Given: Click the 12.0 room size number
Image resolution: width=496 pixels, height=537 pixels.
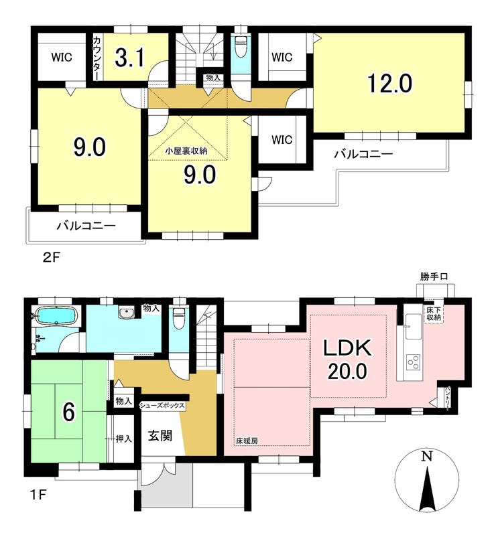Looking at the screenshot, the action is click(x=389, y=84).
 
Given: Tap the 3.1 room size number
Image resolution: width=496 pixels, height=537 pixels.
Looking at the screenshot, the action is click(x=130, y=58).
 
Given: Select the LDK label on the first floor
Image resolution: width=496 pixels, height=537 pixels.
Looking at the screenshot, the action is click(x=348, y=348).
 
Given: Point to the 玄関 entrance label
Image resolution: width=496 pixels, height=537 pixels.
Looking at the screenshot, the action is click(x=160, y=436).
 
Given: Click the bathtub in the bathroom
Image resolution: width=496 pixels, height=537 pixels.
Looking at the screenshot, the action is click(x=56, y=315).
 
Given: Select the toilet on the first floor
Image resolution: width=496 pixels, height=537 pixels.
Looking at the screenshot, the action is click(x=178, y=319).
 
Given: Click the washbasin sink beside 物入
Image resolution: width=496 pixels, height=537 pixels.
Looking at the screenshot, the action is click(x=127, y=313).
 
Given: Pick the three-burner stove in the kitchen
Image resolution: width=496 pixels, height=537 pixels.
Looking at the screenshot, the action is click(x=413, y=362).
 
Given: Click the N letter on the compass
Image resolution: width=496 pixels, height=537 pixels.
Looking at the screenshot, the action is click(x=426, y=457).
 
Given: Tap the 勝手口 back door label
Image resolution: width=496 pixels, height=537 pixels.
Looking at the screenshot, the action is click(x=434, y=277).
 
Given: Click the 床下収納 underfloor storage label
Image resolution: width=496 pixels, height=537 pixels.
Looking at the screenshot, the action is click(x=434, y=314).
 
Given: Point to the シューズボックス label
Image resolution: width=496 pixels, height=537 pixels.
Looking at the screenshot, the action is click(x=162, y=406).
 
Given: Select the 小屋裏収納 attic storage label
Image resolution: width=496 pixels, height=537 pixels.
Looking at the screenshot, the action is click(x=186, y=151).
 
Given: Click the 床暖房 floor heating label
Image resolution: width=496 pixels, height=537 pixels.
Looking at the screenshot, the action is click(x=247, y=441).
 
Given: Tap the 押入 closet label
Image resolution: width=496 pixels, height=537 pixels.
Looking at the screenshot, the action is click(x=124, y=439).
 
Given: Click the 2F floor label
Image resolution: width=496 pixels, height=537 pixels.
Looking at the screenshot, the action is click(x=51, y=257).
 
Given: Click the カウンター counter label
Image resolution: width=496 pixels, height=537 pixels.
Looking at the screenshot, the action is click(x=96, y=58).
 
